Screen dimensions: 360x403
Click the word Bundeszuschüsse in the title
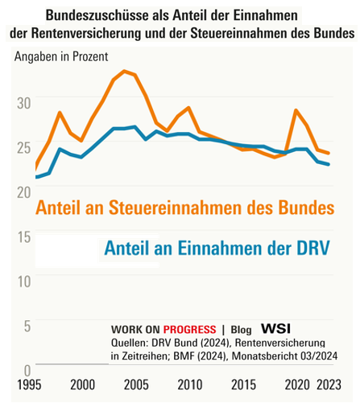point(97,15)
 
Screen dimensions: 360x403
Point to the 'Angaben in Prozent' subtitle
point(61,56)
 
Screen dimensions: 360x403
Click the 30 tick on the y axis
point(24,103)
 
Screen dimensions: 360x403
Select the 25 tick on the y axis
point(24,147)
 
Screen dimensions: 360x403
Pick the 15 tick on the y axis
point(24,237)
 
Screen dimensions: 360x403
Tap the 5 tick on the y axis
point(27,327)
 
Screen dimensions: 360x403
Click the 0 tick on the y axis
point(27,371)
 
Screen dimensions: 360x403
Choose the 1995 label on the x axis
point(29,385)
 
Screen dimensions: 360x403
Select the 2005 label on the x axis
point(136,385)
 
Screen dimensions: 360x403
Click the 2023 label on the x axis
point(329,385)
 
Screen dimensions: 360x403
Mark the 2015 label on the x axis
point(243,385)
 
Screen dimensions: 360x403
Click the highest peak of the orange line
point(124,72)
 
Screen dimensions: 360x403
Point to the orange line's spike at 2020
point(296,110)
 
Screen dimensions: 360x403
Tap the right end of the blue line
point(329,164)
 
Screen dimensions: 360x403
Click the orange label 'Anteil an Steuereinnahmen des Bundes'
point(185,208)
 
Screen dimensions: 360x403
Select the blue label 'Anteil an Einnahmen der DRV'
point(217,248)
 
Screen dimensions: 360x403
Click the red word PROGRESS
point(190,329)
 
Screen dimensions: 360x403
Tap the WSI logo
point(276,328)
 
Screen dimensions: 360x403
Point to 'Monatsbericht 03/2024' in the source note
point(284,356)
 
